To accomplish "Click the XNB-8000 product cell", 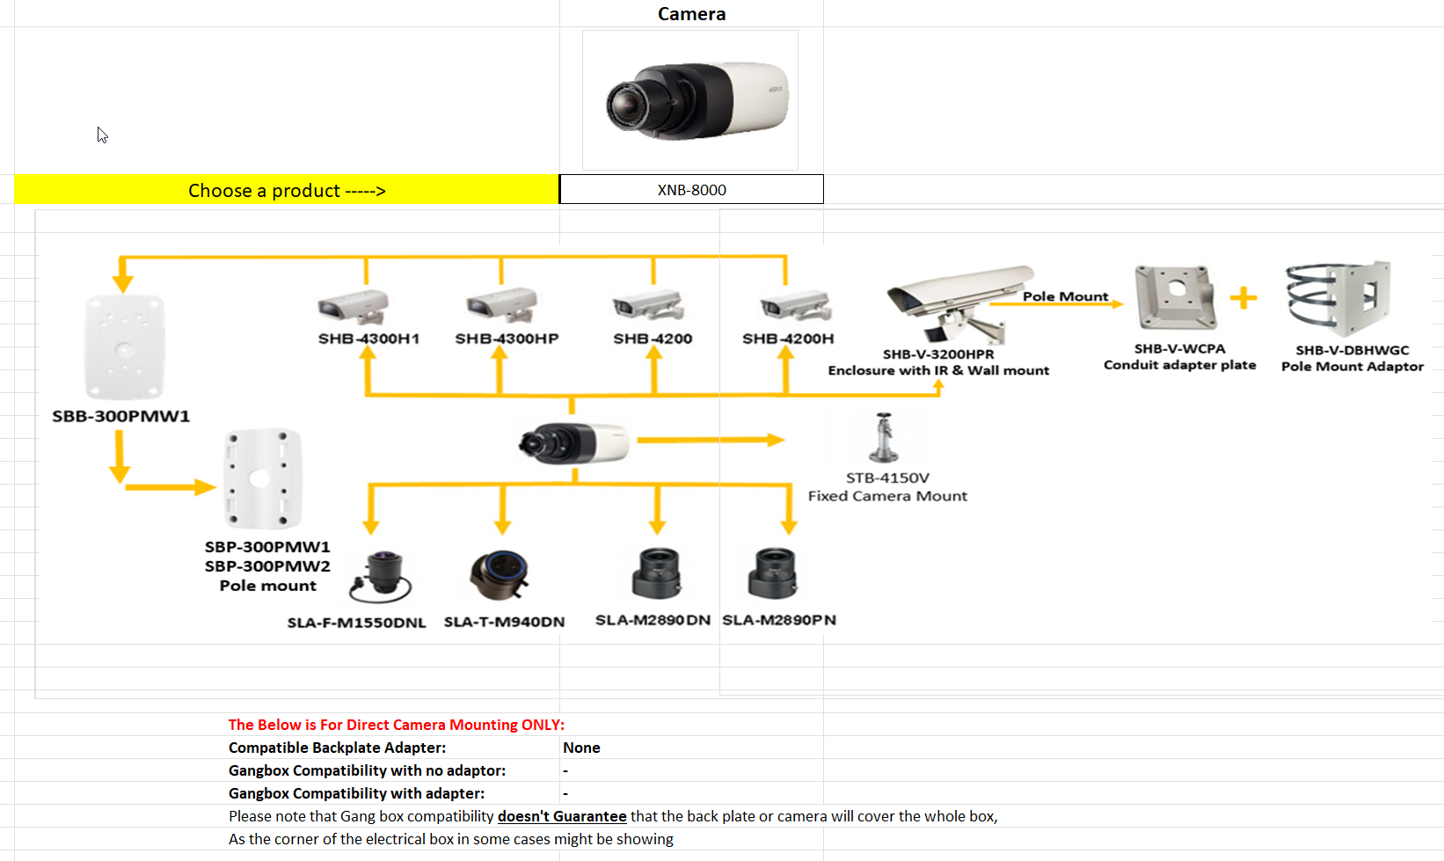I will (x=691, y=189).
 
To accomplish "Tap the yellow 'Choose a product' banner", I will (x=287, y=190).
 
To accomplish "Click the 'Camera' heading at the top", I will (x=691, y=14).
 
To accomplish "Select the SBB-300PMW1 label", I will (x=120, y=416).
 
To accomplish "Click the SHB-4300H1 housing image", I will (x=354, y=306).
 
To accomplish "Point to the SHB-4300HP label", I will (x=507, y=339).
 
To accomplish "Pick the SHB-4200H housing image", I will (x=796, y=306).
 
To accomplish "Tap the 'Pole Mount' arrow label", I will (x=1065, y=296).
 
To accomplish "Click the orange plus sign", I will (x=1243, y=298).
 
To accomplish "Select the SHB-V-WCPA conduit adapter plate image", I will (x=1176, y=297).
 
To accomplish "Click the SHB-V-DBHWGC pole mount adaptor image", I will (x=1339, y=298).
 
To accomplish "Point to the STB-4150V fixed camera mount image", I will (x=884, y=438).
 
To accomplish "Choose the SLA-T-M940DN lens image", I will (x=500, y=575).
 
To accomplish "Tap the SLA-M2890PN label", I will (x=779, y=620).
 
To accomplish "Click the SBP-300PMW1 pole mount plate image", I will (x=261, y=479).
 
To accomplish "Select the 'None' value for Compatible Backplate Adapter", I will (x=581, y=748).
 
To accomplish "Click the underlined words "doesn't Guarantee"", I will (x=562, y=816).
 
